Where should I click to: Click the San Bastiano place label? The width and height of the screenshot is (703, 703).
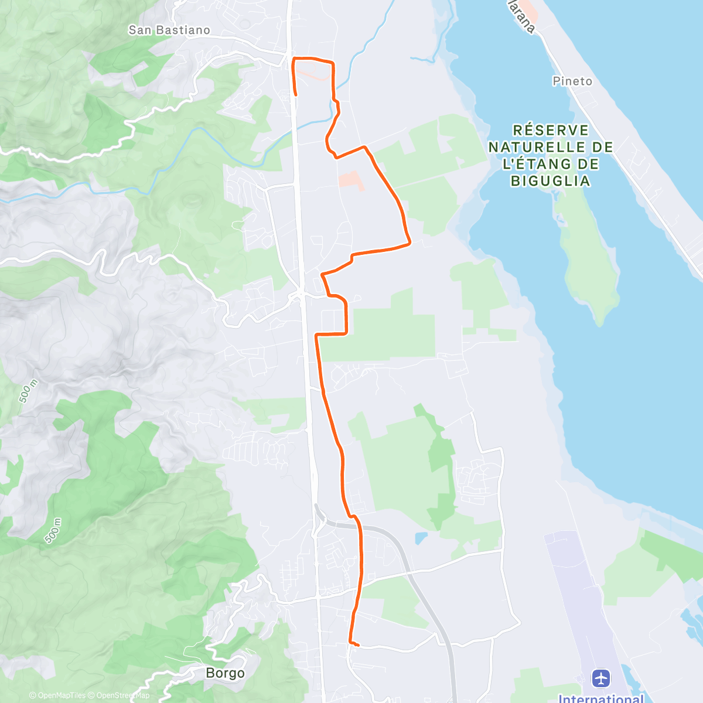coord(169,30)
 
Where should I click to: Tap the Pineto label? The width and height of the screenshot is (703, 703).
coord(572,81)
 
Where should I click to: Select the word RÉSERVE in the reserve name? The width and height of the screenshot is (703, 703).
coord(551,130)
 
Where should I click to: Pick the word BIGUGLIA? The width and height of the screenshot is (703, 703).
coord(551,181)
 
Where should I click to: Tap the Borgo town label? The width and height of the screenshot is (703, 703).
coord(225,673)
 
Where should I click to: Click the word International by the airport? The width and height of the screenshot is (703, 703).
coord(600,698)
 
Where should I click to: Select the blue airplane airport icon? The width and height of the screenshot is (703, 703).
coord(601,678)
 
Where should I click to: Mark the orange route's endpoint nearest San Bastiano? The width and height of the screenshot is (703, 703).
coord(296,94)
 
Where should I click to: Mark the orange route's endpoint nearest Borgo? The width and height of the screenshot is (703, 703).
coord(357,646)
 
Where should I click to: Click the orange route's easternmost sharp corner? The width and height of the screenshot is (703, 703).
coord(409,241)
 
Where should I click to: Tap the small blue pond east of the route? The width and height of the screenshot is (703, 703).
coord(421,538)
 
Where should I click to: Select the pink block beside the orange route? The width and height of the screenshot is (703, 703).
coord(351,180)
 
